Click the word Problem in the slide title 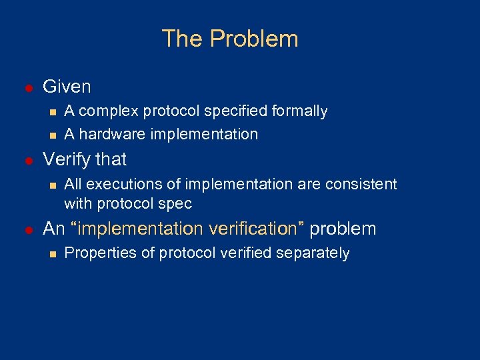pos(254,39)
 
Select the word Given pos(67,87)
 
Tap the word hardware pos(107,134)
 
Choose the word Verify pos(67,159)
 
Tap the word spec pos(177,203)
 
